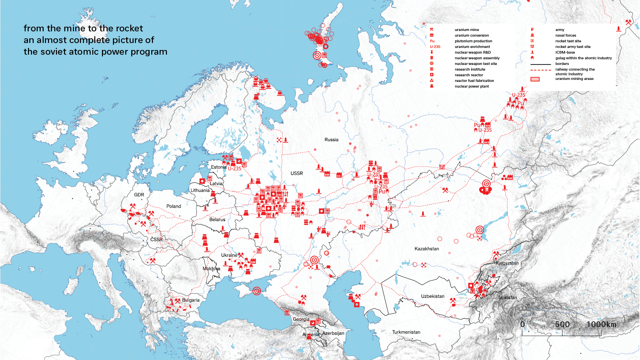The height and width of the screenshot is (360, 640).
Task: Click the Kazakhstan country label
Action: click(x=426, y=249)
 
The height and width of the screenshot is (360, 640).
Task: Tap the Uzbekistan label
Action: click(x=432, y=296)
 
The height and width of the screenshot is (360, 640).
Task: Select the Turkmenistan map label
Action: click(x=406, y=332)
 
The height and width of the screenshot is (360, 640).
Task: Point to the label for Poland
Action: click(x=174, y=206)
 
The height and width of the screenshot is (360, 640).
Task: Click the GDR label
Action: click(x=139, y=195)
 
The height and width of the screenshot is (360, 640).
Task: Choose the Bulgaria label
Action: click(x=191, y=300)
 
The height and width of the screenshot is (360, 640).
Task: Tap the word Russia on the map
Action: click(x=331, y=140)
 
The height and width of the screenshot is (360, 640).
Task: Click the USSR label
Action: click(x=297, y=174)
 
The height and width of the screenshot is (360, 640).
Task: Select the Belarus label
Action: click(x=217, y=220)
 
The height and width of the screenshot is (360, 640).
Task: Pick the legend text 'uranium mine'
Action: click(x=467, y=30)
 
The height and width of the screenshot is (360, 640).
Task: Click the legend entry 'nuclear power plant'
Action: click(x=472, y=87)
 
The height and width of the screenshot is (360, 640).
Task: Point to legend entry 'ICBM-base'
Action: click(x=565, y=53)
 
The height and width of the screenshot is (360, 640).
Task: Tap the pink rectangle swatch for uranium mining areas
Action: click(x=535, y=79)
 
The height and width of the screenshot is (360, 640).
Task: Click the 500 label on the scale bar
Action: click(x=562, y=324)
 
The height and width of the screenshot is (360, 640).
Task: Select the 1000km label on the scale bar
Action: click(x=601, y=324)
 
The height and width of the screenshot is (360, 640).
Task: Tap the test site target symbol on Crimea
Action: click(x=256, y=291)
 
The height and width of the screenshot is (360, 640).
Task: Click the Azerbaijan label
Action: click(x=333, y=333)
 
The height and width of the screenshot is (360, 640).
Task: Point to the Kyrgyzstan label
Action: click(x=507, y=263)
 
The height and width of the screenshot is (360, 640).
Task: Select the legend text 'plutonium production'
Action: click(x=473, y=41)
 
